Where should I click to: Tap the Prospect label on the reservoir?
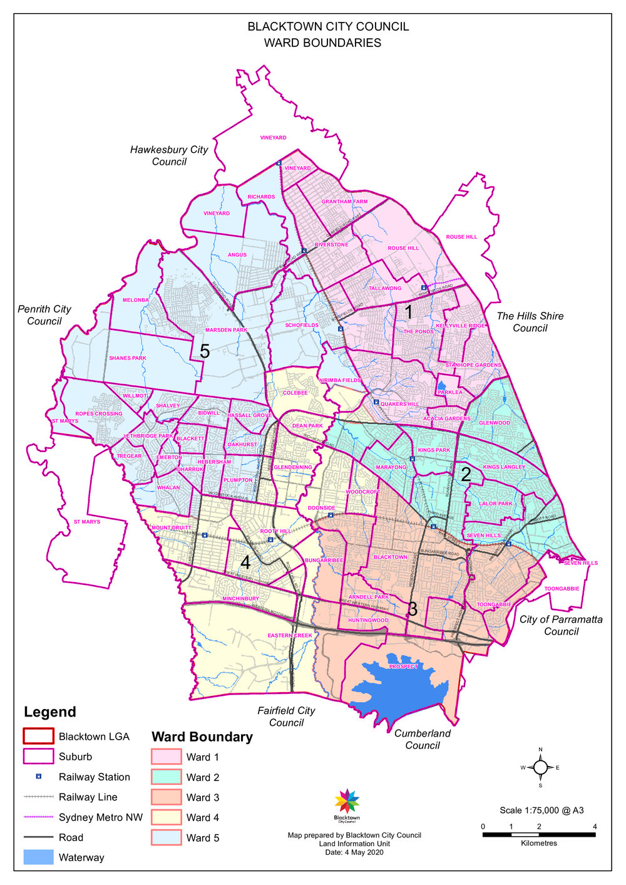tap(403, 666)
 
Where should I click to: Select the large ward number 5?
tap(204, 351)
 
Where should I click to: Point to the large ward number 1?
tap(409, 311)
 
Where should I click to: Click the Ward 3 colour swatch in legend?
tap(166, 797)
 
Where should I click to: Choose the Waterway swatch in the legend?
tap(38, 857)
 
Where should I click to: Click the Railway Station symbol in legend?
tap(38, 777)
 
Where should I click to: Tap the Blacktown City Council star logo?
tap(347, 801)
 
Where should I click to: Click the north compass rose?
tap(540, 767)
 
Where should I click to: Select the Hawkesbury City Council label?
tap(169, 155)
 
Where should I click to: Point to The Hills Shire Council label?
tap(530, 322)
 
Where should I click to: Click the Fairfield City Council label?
tap(286, 717)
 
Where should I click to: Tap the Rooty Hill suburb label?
tap(275, 531)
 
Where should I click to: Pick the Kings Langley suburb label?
tap(504, 467)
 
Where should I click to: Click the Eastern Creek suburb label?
tap(289, 636)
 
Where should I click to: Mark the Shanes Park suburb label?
tap(127, 358)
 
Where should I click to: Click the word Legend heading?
tap(49, 712)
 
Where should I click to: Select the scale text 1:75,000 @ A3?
tap(541, 810)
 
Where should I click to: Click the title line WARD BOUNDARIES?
tap(322, 43)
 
